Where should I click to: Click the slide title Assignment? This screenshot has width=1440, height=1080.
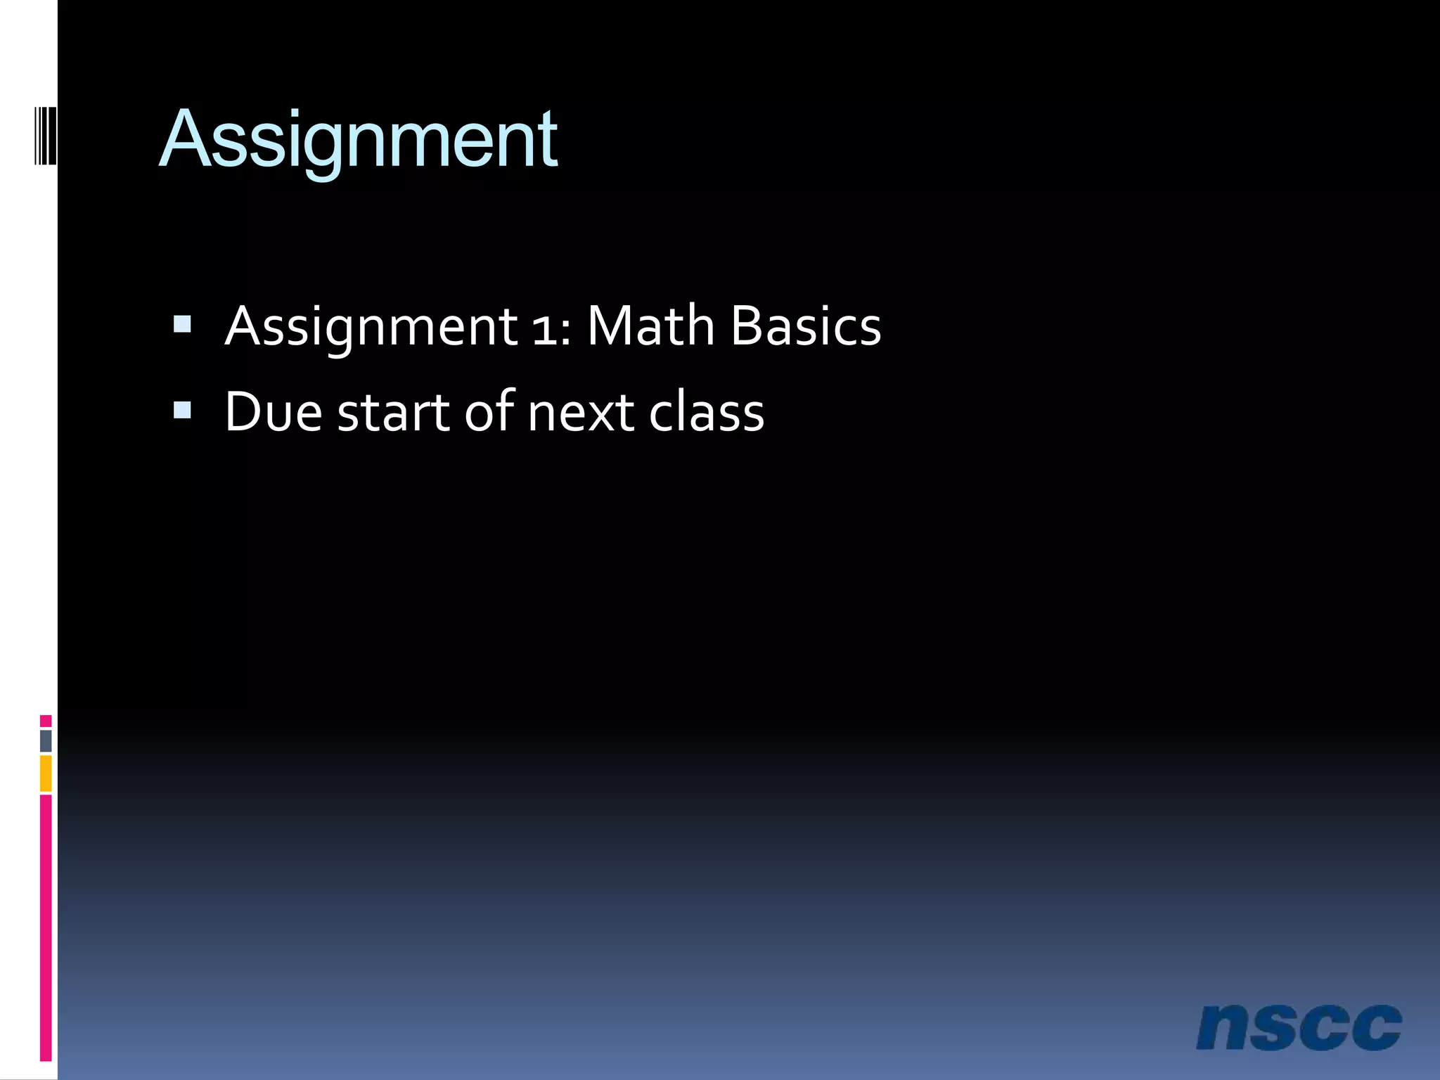359,141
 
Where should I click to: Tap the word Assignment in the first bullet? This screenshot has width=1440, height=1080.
371,327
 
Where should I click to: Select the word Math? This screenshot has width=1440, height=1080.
650,326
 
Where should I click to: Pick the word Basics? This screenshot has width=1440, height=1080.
806,326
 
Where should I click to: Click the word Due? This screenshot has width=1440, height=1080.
274,412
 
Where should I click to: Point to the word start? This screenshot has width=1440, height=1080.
393,413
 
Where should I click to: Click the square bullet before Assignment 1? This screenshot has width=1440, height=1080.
182,324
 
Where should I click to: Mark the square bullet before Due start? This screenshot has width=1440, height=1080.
182,410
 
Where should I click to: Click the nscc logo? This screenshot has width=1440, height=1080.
1299,1027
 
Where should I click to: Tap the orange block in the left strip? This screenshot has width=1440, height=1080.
46,773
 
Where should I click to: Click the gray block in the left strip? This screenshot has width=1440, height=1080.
46,741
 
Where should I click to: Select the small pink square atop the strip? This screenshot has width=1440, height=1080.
46,721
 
